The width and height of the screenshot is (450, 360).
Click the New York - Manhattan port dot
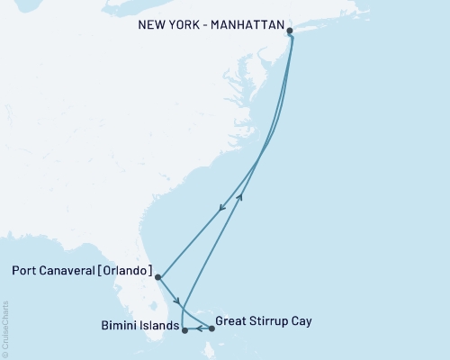290,31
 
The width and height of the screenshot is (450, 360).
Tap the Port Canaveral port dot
157,277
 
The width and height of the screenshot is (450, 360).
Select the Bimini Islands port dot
184,330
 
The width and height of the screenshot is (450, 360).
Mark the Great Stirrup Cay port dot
211,328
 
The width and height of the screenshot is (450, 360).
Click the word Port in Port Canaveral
27,270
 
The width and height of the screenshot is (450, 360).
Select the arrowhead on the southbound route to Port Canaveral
222,210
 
